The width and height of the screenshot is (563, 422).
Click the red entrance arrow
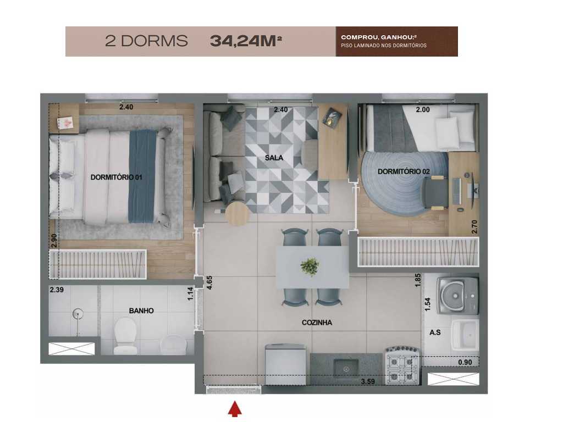(x=235, y=409)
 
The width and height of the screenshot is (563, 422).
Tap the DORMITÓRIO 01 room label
(x=117, y=177)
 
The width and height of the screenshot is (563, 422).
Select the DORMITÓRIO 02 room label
(x=404, y=171)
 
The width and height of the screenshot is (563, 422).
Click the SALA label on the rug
(x=274, y=158)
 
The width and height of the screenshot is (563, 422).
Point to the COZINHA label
(x=317, y=323)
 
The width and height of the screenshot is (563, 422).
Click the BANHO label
(x=141, y=311)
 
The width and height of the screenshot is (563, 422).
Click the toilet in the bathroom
(x=125, y=335)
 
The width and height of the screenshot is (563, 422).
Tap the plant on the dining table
(x=310, y=267)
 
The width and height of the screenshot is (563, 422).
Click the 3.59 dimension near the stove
(x=368, y=381)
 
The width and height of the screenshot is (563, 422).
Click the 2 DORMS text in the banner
(x=146, y=41)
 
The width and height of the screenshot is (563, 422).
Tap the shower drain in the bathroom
(x=78, y=313)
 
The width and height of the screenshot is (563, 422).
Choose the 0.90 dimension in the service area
(x=465, y=363)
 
